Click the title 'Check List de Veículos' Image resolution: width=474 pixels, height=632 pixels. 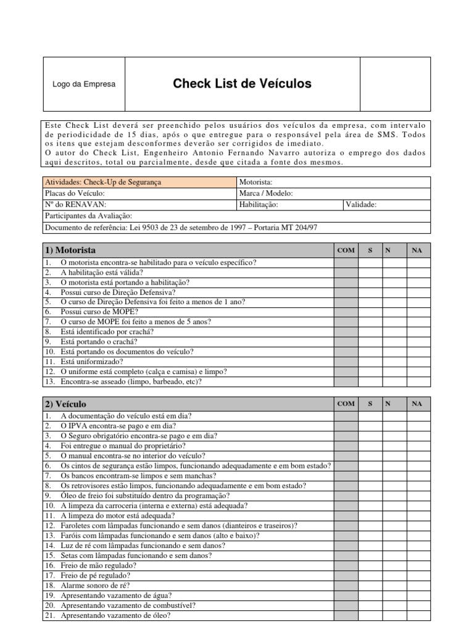[242, 84]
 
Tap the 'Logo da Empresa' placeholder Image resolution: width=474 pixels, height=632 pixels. [84, 85]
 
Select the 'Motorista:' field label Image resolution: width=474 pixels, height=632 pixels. [255, 182]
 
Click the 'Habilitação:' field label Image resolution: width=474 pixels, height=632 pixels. [258, 205]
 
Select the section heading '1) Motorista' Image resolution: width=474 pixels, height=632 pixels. [70, 250]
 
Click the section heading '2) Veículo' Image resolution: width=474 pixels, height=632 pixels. [65, 404]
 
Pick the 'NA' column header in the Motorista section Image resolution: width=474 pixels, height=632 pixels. [417, 250]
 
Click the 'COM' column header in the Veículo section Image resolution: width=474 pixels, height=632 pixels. [346, 404]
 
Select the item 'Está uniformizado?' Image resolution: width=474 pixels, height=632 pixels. [92, 362]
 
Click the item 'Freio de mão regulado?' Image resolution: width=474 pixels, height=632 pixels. [99, 565]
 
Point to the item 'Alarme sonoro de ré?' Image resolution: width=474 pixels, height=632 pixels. [96, 585]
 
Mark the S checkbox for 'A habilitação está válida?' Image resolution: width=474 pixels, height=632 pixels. [370, 272]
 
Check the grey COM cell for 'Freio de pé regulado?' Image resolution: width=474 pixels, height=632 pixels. [346, 575]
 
